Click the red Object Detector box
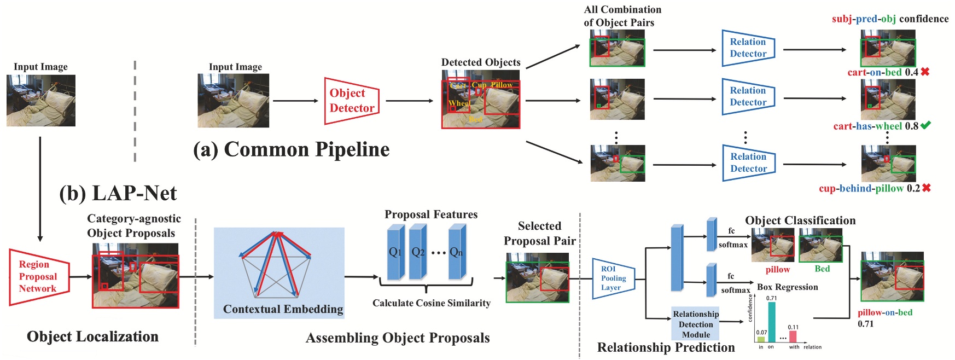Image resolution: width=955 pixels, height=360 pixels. point(352,101)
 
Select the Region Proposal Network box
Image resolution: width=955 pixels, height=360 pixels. point(38,276)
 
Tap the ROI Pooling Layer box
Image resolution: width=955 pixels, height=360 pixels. point(613,278)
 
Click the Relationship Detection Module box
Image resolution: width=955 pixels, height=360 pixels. point(695,324)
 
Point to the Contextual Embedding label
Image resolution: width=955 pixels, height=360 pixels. point(283,309)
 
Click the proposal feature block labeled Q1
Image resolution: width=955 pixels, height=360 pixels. point(395,252)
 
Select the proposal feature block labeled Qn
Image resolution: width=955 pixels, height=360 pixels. point(456,252)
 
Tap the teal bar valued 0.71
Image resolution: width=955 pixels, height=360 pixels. point(772,322)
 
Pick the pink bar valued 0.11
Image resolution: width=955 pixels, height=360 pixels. point(793,336)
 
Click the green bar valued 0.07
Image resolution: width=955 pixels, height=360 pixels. point(761,339)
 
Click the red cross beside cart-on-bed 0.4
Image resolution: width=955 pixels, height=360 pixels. point(925,72)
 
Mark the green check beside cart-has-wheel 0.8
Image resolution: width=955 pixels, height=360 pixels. point(925,125)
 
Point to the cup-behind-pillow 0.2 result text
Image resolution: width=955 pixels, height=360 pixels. point(869,188)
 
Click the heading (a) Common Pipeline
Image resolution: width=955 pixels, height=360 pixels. point(292,149)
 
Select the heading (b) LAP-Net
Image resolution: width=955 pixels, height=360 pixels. point(118,193)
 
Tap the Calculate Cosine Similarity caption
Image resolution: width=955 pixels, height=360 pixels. point(431,303)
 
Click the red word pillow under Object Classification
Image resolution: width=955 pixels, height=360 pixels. point(777,269)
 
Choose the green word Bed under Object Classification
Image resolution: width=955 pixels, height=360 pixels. point(822,269)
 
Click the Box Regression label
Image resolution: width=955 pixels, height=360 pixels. point(787,287)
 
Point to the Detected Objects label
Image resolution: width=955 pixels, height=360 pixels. point(481,62)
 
